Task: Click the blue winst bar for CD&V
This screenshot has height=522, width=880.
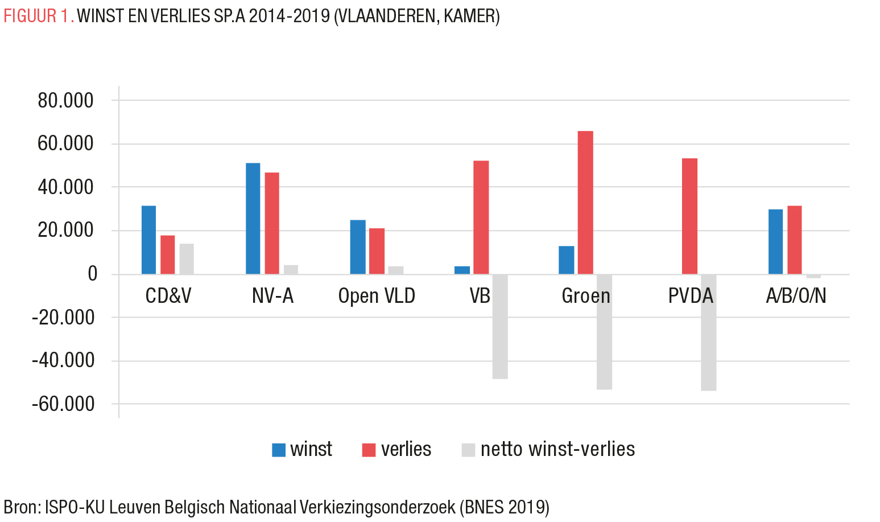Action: pyautogui.click(x=148, y=240)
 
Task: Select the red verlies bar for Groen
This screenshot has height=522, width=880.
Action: pyautogui.click(x=585, y=203)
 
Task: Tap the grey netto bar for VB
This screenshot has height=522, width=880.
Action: pyautogui.click(x=500, y=326)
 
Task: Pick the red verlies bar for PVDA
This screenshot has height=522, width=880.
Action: pyautogui.click(x=689, y=216)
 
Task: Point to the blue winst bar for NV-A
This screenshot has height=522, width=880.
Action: pyautogui.click(x=253, y=219)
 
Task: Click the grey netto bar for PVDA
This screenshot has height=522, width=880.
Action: pyautogui.click(x=708, y=332)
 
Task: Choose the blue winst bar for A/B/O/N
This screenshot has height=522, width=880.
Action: pyautogui.click(x=775, y=242)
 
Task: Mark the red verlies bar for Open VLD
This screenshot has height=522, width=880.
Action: pyautogui.click(x=377, y=251)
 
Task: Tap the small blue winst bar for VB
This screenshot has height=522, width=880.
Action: pyautogui.click(x=462, y=270)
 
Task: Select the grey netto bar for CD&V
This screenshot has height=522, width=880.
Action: pyautogui.click(x=187, y=259)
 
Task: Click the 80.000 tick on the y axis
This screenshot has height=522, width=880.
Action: pyautogui.click(x=65, y=101)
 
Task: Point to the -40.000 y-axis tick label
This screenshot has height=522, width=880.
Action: pyautogui.click(x=63, y=361)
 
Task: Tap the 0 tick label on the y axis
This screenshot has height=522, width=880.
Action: pyautogui.click(x=93, y=274)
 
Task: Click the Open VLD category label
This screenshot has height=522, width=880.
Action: pyautogui.click(x=377, y=296)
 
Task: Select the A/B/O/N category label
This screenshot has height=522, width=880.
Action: pyautogui.click(x=796, y=296)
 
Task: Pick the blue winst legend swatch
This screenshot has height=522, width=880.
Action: pyautogui.click(x=279, y=450)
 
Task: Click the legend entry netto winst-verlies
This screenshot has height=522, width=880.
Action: pyautogui.click(x=557, y=450)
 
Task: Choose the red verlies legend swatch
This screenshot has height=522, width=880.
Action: pyautogui.click(x=369, y=450)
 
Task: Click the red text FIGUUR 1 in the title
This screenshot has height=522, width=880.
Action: pyautogui.click(x=38, y=16)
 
